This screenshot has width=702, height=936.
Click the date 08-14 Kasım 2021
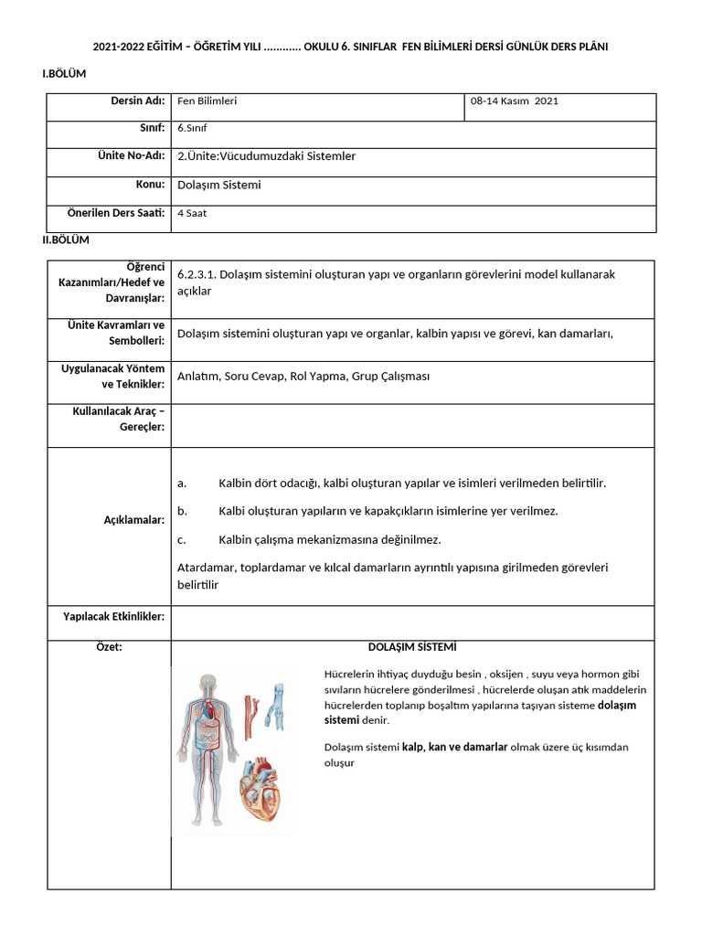pyautogui.click(x=514, y=101)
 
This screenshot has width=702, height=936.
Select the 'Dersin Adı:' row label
pyautogui.click(x=137, y=101)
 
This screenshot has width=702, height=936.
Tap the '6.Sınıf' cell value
pyautogui.click(x=192, y=128)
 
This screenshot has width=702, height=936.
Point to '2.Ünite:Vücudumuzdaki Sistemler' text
pyautogui.click(x=266, y=156)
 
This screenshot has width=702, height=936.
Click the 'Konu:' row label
pyautogui.click(x=150, y=184)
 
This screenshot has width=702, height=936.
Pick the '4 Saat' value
pyautogui.click(x=192, y=213)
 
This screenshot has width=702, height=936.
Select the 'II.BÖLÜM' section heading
pyautogui.click(x=66, y=239)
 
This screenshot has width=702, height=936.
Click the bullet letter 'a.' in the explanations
pyautogui.click(x=182, y=483)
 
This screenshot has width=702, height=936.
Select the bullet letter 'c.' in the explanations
pyautogui.click(x=182, y=539)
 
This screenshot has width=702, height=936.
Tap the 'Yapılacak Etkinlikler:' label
pyautogui.click(x=113, y=617)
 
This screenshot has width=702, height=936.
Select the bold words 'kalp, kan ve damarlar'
pyautogui.click(x=454, y=747)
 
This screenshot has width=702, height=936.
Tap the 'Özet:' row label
pyautogui.click(x=109, y=647)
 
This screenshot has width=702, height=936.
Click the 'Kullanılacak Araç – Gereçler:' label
pyautogui.click(x=119, y=419)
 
